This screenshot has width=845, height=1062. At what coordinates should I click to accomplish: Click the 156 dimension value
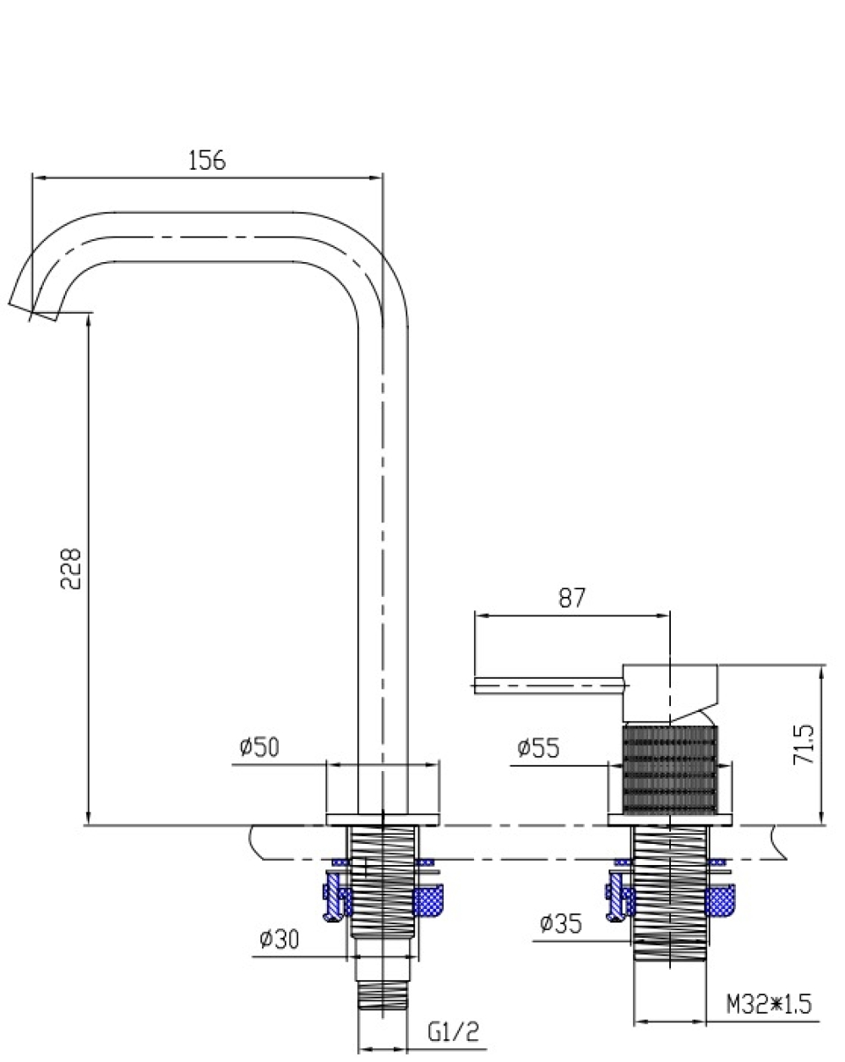(207, 161)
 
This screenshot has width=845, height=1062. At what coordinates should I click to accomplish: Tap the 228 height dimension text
(70, 567)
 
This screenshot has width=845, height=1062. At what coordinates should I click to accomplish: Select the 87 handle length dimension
(571, 598)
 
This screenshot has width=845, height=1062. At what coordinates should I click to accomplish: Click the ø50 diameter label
(259, 747)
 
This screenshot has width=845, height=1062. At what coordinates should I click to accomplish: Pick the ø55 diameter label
(538, 748)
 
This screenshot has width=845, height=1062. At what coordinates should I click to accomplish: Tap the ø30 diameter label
(279, 939)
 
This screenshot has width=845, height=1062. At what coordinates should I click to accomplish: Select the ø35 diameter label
(561, 922)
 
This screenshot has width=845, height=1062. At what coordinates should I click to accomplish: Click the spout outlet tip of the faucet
(33, 311)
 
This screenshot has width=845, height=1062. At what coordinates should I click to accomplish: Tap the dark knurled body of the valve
(669, 769)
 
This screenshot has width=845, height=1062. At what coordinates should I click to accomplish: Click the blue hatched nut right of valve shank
(720, 900)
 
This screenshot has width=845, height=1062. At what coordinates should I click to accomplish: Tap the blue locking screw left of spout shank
(335, 897)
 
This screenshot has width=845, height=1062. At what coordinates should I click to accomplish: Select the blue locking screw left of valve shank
(618, 896)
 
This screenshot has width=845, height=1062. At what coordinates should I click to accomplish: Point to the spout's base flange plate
(382, 818)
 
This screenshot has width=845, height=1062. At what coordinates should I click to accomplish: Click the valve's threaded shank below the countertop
(669, 892)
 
